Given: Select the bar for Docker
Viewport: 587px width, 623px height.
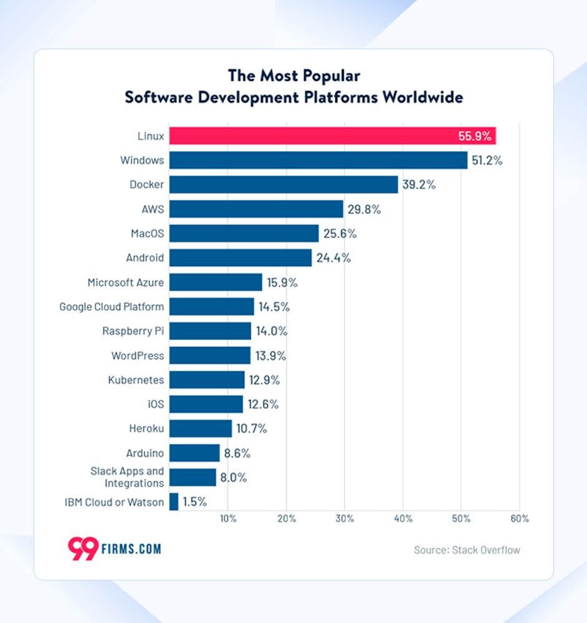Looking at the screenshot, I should [x=284, y=184].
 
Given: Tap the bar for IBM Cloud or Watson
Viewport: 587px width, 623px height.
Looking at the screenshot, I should [x=174, y=502].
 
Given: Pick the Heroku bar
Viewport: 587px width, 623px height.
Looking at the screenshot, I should [x=200, y=429].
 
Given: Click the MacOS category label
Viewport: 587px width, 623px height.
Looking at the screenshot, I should [x=147, y=234].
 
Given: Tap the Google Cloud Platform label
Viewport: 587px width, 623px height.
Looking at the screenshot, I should [x=112, y=307].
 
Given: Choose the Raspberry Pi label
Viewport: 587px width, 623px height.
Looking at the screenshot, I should [x=133, y=331].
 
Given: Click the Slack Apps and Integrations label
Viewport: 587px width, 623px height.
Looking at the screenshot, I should [x=127, y=477].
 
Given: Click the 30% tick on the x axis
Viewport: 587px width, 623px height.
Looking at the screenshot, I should [x=345, y=518].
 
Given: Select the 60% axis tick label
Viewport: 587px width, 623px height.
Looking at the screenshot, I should [x=519, y=518].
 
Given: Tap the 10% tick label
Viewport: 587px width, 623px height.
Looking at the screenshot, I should [x=227, y=518].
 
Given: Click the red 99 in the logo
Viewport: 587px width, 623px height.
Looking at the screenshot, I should [x=82, y=548].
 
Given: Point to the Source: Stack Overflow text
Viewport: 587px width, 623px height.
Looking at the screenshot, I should [x=467, y=550].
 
